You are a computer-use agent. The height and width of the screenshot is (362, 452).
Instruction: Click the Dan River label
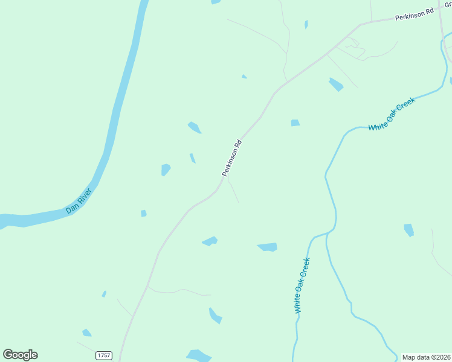tap(79, 202)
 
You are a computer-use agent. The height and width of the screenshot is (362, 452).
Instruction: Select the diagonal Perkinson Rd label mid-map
tap(232, 158)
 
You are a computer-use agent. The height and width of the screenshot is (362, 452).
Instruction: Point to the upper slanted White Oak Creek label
tap(392, 115)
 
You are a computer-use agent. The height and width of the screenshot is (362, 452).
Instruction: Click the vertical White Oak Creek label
tap(302, 285)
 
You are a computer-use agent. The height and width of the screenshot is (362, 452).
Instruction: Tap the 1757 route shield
tap(104, 356)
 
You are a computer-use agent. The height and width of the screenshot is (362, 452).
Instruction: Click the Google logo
tap(21, 355)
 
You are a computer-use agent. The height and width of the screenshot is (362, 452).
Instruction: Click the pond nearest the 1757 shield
tap(87, 332)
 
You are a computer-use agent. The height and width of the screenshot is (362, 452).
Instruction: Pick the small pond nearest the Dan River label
tap(143, 213)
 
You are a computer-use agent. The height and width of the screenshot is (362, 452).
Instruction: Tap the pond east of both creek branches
tap(409, 230)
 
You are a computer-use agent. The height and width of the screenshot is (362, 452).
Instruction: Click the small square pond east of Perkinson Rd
tap(295, 123)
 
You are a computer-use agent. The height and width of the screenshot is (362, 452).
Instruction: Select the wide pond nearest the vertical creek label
tap(268, 247)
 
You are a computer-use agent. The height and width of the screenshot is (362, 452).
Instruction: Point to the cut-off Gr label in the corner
tap(448, 4)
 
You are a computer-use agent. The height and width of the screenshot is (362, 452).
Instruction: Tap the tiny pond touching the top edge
tap(216, 2)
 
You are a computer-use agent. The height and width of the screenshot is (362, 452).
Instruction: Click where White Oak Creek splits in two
tap(327, 233)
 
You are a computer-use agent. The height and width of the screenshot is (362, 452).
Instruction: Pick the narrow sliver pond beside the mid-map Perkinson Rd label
tap(192, 158)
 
